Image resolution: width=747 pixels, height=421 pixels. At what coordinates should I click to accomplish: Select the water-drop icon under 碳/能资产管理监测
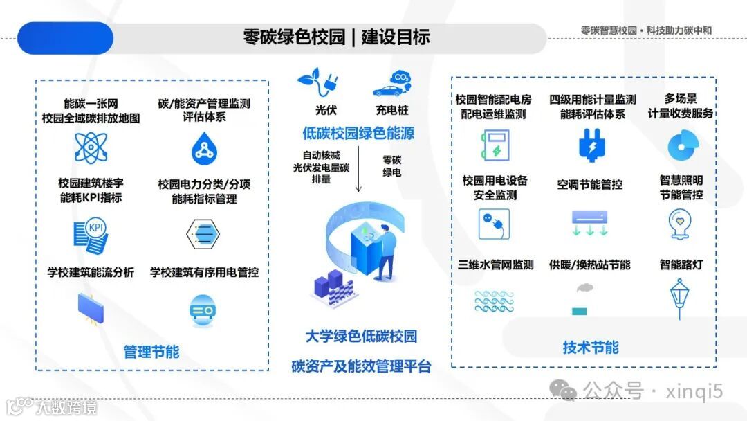tap(203, 147)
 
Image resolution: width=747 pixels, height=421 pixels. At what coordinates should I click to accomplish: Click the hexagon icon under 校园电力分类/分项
tap(203, 234)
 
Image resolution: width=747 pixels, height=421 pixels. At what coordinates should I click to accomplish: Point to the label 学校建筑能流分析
tap(91, 272)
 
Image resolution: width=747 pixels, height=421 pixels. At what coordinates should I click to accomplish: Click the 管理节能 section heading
tap(151, 352)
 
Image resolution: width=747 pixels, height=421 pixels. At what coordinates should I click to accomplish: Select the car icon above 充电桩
tap(391, 83)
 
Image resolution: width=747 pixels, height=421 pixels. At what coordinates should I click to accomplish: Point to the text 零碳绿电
tap(392, 165)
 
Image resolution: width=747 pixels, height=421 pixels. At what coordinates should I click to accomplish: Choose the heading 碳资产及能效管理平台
tap(361, 366)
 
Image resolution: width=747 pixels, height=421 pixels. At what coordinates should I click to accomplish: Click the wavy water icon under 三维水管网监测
tap(495, 301)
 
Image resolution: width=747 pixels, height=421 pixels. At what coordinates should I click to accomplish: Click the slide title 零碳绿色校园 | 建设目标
tap(336, 37)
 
